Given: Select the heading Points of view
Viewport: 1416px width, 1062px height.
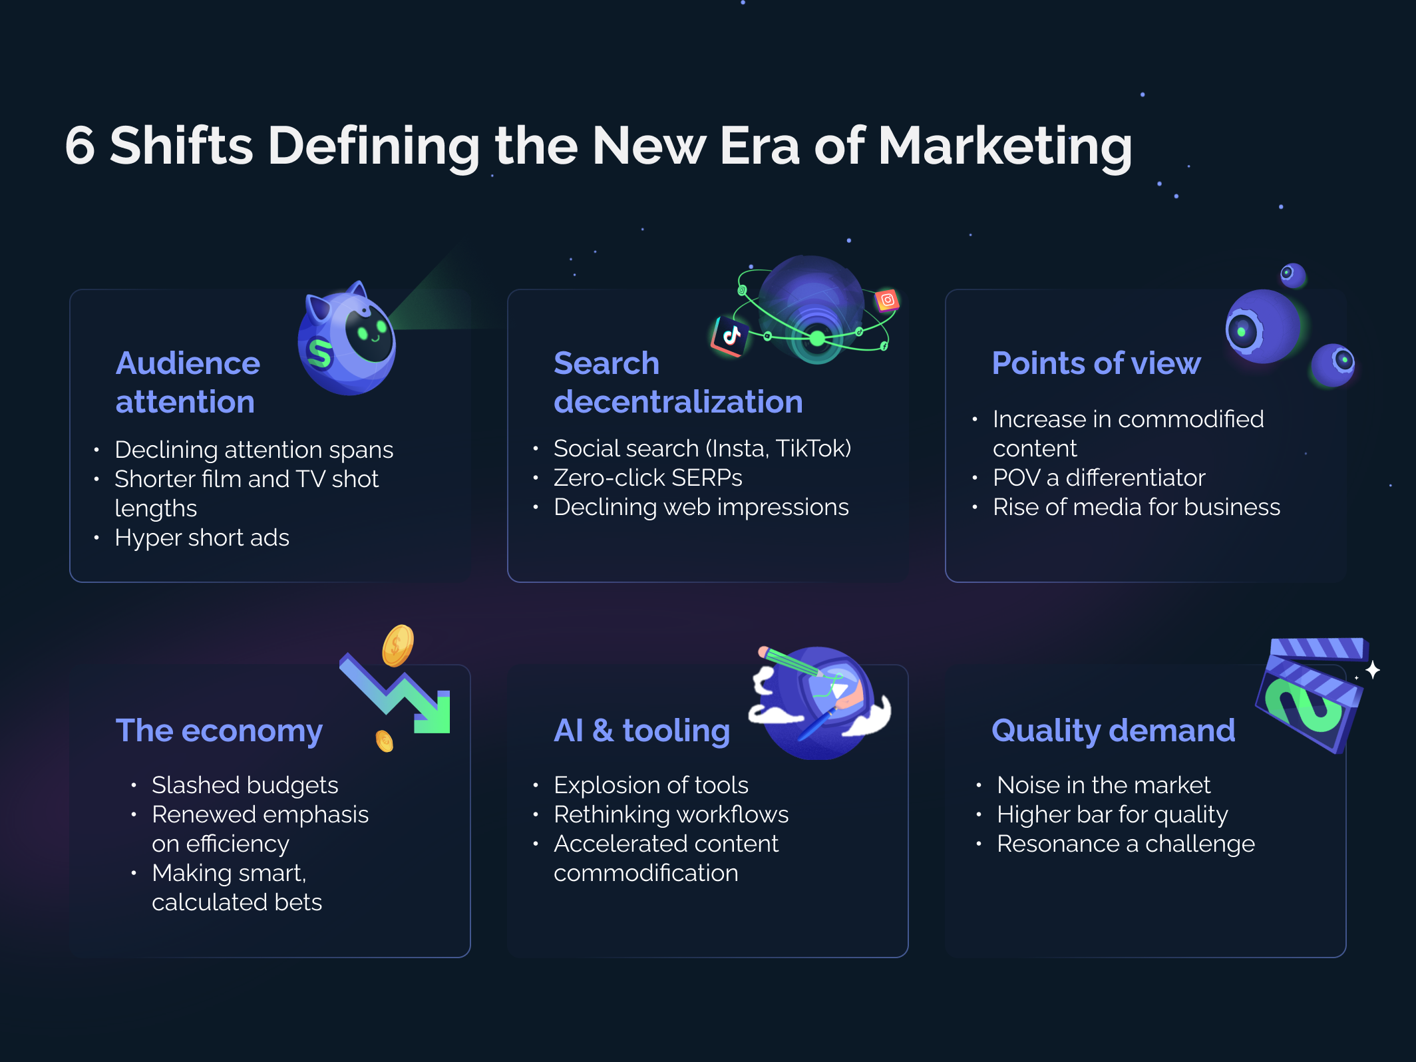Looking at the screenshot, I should pyautogui.click(x=1096, y=363).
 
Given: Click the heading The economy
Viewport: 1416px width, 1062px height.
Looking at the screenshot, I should pyautogui.click(x=219, y=731).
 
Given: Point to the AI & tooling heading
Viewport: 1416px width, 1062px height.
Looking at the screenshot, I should pyautogui.click(x=641, y=731).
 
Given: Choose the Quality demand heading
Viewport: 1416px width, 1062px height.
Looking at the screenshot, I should pyautogui.click(x=1113, y=731).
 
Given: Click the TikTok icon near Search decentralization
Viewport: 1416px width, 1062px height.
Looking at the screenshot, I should pyautogui.click(x=731, y=335).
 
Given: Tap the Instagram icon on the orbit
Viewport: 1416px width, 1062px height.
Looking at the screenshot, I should pyautogui.click(x=887, y=300).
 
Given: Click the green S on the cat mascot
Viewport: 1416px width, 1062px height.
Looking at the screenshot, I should pyautogui.click(x=320, y=353).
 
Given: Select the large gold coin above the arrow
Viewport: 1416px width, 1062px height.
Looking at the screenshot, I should pyautogui.click(x=398, y=645).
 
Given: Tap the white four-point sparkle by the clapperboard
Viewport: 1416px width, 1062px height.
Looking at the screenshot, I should pyautogui.click(x=1372, y=669).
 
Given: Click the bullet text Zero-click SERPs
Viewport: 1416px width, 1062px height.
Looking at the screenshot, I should pyautogui.click(x=647, y=478).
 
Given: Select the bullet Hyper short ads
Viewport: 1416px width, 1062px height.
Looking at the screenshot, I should pyautogui.click(x=202, y=538).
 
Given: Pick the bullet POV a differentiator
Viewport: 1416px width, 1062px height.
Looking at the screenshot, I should pyautogui.click(x=1099, y=478).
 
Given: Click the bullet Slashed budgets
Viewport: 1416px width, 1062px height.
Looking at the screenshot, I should pyautogui.click(x=245, y=785).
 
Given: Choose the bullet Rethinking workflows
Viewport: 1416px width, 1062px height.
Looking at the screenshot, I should pyautogui.click(x=671, y=814).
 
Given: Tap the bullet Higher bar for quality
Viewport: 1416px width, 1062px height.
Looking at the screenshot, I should pyautogui.click(x=1112, y=814).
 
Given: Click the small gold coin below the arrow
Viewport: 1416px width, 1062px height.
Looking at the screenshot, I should pyautogui.click(x=385, y=740).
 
